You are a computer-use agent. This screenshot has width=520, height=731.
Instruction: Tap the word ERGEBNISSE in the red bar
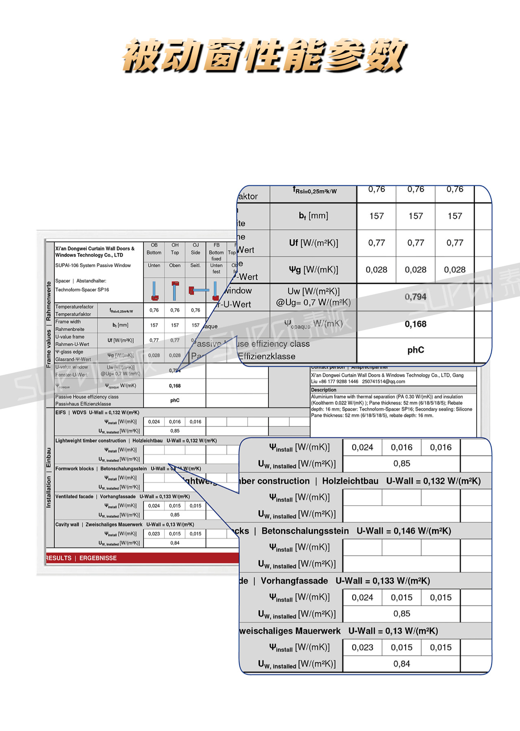[x=98, y=558]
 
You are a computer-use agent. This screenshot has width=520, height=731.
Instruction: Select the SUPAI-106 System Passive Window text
[x=93, y=265]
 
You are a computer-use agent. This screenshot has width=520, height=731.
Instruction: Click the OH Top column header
[x=175, y=249]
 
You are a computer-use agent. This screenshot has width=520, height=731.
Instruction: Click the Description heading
[x=324, y=390]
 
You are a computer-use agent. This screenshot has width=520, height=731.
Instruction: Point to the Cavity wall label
[x=67, y=524]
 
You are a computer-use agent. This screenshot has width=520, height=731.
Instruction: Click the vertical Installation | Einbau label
[x=49, y=478]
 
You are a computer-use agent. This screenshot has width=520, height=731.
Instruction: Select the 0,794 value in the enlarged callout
[x=416, y=297]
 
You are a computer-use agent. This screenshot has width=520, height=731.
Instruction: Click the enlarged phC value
[x=416, y=350]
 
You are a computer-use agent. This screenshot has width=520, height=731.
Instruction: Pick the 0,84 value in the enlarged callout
[x=402, y=664]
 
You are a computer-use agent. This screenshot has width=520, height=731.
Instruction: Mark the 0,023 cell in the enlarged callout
[x=362, y=647]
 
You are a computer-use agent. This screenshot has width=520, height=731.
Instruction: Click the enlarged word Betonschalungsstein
[x=305, y=531]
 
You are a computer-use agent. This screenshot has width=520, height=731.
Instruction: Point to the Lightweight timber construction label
[x=91, y=441]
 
